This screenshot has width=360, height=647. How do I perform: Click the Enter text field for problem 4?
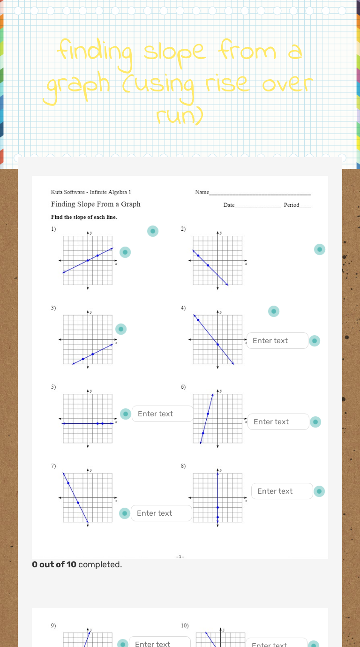[277, 341]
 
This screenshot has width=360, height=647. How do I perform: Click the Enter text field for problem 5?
[162, 414]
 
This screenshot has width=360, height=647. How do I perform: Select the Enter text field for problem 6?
[278, 422]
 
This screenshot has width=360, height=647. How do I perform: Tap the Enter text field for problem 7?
[161, 513]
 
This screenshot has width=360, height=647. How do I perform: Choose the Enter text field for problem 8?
[282, 491]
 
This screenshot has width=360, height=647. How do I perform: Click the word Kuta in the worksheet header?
[57, 192]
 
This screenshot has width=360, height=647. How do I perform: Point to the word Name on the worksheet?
[202, 192]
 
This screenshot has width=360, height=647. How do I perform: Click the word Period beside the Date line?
[291, 205]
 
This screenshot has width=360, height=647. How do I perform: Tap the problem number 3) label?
[53, 308]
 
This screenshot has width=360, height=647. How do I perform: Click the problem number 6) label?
[183, 387]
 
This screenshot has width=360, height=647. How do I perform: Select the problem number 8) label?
[183, 466]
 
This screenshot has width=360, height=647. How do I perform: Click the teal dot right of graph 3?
[121, 330]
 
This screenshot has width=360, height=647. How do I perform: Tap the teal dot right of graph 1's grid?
[125, 252]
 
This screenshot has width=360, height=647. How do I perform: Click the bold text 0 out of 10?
[54, 564]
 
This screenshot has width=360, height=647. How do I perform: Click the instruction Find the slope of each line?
[84, 218]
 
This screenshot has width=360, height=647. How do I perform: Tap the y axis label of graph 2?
[221, 233]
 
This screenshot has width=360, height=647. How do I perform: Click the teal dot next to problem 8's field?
[319, 491]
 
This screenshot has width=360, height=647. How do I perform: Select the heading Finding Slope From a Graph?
[96, 204]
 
